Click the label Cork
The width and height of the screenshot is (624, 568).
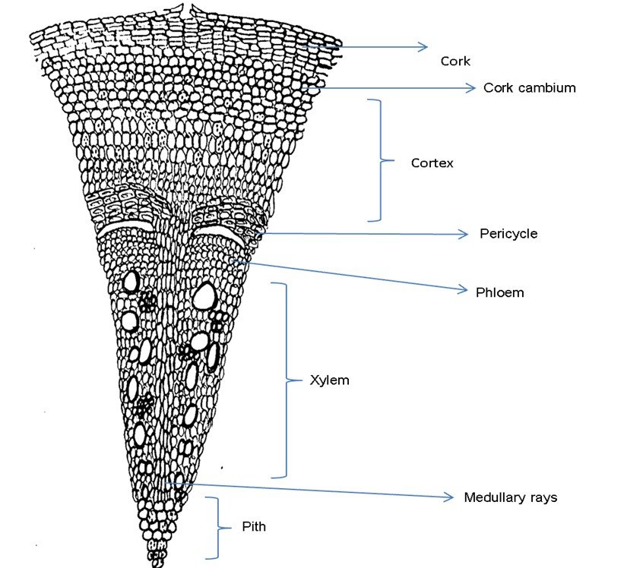[x=455, y=62]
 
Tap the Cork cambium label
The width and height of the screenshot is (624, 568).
[x=529, y=87]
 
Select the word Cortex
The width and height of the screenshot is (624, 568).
[x=432, y=163]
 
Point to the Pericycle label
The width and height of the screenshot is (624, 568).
[x=508, y=233]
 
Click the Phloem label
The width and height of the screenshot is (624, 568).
[x=499, y=292]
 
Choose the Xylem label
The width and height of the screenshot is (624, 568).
[x=329, y=380]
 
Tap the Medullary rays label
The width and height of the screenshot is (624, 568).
[x=510, y=497]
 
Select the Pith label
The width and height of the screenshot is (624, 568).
[x=254, y=525]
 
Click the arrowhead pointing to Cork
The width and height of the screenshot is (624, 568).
[x=424, y=47]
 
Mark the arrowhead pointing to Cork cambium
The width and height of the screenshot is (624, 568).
[x=470, y=88]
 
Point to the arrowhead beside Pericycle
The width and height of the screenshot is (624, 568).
[x=465, y=235]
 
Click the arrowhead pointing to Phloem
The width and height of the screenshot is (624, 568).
[x=462, y=289]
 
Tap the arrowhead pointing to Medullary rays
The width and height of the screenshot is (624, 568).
[x=449, y=497]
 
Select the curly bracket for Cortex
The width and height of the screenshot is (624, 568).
[x=377, y=160]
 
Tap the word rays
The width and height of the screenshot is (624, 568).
[x=543, y=497]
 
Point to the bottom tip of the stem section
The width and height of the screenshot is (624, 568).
[x=157, y=563]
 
